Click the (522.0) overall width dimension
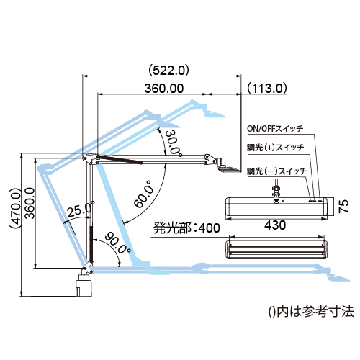tap(168, 71)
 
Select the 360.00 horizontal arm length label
tap(164, 89)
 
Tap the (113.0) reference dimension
tap(267, 88)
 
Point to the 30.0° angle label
tap(173, 143)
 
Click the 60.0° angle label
tap(144, 194)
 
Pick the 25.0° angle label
tap(81, 210)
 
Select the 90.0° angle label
tap(118, 243)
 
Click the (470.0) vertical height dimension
tap(15, 208)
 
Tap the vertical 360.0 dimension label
tap(30, 204)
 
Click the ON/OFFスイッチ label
tap(275, 129)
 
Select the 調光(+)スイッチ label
tap(276, 148)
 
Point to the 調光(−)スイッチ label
tap(277, 171)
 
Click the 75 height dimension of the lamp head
tap(343, 206)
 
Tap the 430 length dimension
tap(275, 225)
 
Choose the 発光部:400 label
tap(186, 228)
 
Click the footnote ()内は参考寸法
tap(311, 312)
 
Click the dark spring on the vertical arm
tap(91, 243)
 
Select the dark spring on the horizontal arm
tap(120, 160)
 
